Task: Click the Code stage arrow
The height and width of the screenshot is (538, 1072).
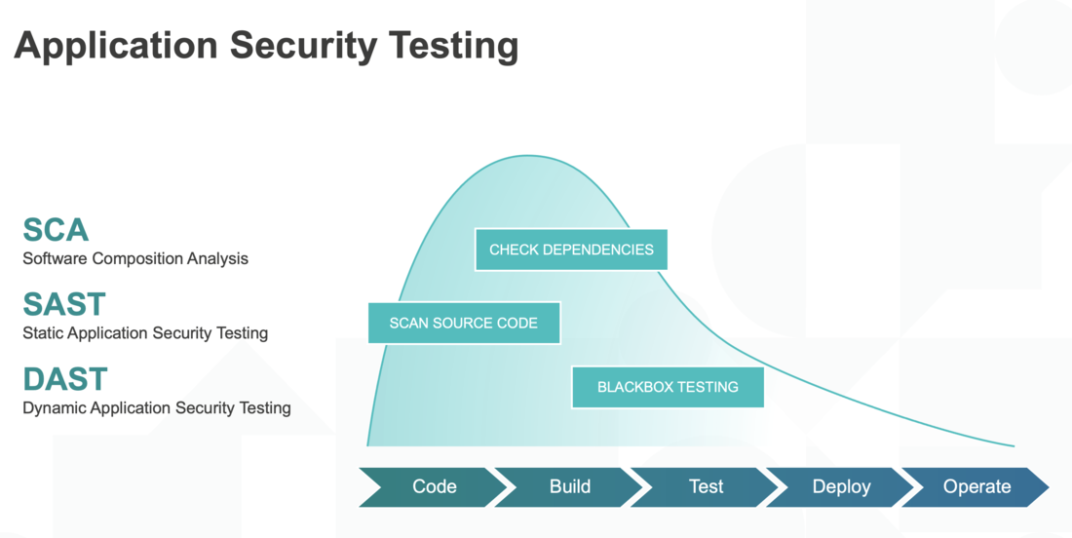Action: pos(434,486)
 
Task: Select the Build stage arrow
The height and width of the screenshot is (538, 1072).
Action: pos(569,486)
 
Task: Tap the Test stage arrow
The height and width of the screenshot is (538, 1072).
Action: pos(706,486)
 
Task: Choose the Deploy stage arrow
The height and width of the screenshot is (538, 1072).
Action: pos(841,486)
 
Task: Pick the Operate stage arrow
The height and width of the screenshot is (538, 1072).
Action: pos(976,486)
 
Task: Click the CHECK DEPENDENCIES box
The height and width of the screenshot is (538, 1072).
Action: pos(571,250)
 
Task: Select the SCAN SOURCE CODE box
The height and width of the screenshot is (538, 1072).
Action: pos(464,323)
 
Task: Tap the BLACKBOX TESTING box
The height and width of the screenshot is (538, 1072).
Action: pos(668,387)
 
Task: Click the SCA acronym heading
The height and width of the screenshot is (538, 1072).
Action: pos(56,230)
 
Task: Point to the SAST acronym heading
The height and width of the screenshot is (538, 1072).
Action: pos(64,304)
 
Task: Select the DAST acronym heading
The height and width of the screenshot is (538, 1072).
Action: pos(65,378)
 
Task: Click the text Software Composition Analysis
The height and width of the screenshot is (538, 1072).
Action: pos(135,259)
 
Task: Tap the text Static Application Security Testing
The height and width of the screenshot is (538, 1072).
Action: pos(145,333)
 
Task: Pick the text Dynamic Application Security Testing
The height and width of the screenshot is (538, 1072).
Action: pos(157,407)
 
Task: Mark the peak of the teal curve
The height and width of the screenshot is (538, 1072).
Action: pos(526,156)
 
